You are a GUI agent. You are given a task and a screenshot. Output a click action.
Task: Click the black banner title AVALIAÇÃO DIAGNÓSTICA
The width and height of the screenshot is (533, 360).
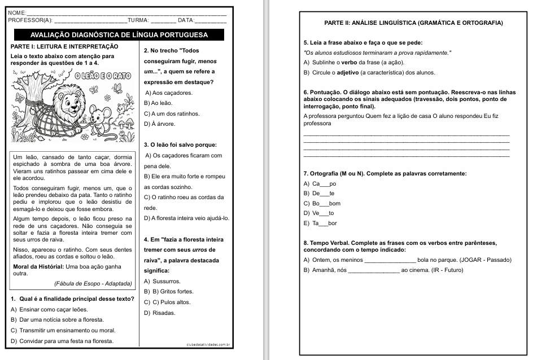(119, 35)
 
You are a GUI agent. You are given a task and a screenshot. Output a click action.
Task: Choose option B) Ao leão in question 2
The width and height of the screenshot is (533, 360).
(158, 103)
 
